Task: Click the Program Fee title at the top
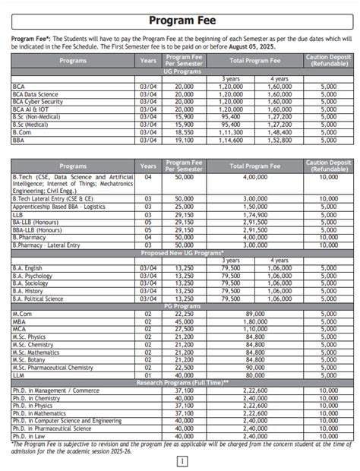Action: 180,21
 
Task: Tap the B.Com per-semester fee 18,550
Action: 184,132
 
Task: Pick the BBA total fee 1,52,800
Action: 279,140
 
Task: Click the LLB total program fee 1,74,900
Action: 254,215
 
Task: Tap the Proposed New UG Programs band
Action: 180,252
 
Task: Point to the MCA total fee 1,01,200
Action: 254,329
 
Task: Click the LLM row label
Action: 20,375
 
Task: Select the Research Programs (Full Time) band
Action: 180,382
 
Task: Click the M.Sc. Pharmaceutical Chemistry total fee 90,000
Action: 254,367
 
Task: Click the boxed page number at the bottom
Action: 181,460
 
